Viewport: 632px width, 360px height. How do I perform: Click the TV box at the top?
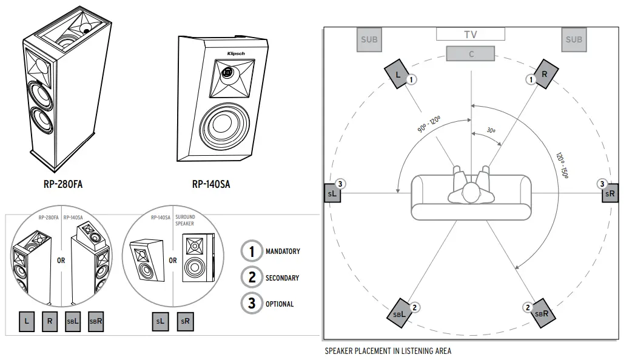pos(471,35)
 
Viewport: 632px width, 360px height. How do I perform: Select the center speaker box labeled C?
pos(471,54)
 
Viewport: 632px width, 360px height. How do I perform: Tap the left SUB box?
pos(369,40)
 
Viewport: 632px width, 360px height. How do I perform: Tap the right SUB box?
pos(573,40)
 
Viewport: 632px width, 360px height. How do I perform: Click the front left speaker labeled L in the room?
pos(397,75)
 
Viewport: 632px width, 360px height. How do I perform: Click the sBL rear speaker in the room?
pos(399,313)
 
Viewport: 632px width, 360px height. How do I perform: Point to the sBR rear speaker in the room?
pos(542,313)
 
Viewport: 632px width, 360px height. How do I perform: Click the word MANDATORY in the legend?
pos(283,251)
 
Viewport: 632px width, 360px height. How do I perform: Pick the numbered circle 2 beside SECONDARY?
pos(251,278)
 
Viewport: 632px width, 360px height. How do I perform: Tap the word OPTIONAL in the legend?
pos(280,304)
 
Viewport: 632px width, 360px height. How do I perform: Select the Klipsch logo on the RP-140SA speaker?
pos(236,54)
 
